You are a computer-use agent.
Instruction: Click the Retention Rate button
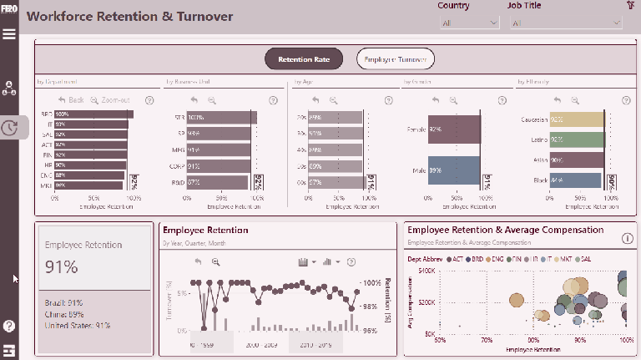(x=304, y=59)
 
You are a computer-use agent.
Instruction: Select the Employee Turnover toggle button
(x=395, y=59)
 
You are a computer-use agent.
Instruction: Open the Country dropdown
(x=469, y=23)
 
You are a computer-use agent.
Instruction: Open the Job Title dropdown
(x=565, y=23)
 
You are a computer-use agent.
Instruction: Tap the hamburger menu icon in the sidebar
(x=9, y=34)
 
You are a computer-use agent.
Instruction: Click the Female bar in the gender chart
(x=454, y=129)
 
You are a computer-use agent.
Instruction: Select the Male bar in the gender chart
(x=454, y=170)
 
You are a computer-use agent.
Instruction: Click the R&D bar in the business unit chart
(x=218, y=181)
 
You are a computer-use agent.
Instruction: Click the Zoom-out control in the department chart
(x=110, y=99)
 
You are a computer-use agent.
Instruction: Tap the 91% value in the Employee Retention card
(x=62, y=267)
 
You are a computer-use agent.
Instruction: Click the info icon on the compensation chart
(x=628, y=239)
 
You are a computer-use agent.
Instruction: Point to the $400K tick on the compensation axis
(x=426, y=271)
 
